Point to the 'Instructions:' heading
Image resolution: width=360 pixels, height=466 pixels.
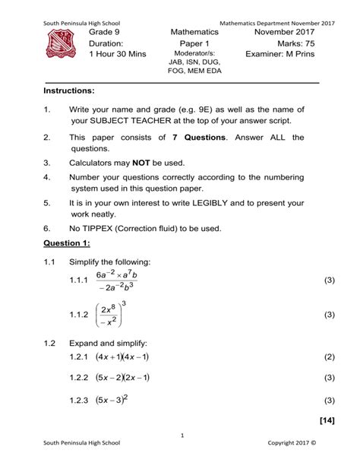point(69,90)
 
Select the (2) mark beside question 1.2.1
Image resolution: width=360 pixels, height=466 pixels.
point(328,357)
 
